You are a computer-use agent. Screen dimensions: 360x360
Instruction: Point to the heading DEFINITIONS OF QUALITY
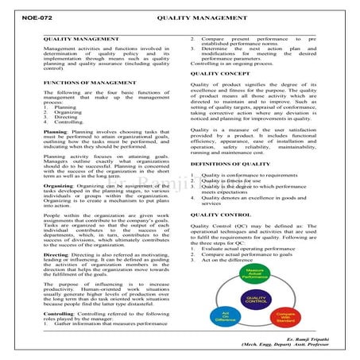[x=230, y=141]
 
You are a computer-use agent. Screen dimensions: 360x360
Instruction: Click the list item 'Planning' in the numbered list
[x=64, y=106]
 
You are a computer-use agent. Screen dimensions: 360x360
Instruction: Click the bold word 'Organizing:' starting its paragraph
[x=60, y=163]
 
